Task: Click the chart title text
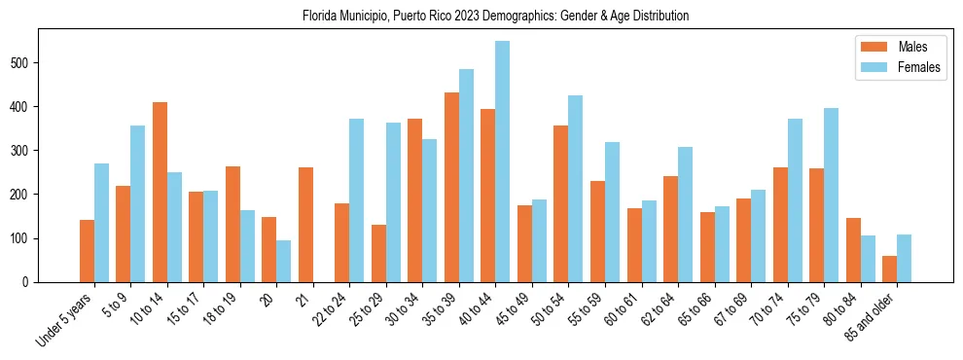481,16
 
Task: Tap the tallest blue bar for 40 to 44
502,162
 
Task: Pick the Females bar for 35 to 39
466,175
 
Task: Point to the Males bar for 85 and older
889,269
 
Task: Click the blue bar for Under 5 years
101,223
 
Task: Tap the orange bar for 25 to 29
378,253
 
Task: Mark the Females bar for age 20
283,261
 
